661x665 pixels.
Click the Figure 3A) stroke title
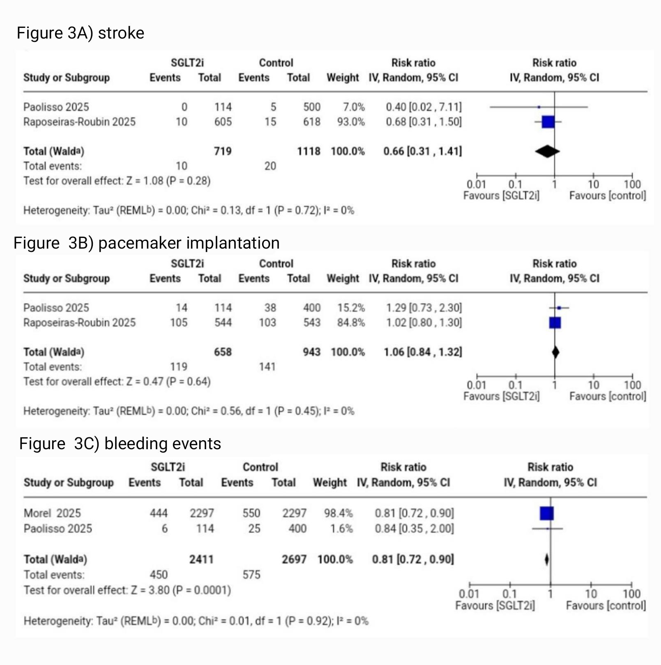pyautogui.click(x=81, y=33)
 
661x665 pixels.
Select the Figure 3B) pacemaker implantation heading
pyautogui.click(x=146, y=243)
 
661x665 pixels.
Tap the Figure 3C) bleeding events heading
pyautogui.click(x=120, y=444)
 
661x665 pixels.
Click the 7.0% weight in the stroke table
pyautogui.click(x=354, y=107)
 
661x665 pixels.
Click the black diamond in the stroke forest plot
pyautogui.click(x=547, y=151)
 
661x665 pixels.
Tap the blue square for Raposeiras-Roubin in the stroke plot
pyautogui.click(x=548, y=122)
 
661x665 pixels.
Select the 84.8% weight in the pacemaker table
pyautogui.click(x=351, y=323)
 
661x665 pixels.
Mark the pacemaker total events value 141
pyautogui.click(x=267, y=367)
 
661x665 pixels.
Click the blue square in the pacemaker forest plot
pyautogui.click(x=555, y=323)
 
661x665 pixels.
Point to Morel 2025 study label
pyautogui.click(x=52, y=513)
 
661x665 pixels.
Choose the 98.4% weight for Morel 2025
pyautogui.click(x=338, y=513)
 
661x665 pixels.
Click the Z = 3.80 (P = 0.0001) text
pyautogui.click(x=181, y=590)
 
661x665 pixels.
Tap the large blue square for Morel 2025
pyautogui.click(x=547, y=513)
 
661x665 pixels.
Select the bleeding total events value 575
pyautogui.click(x=251, y=575)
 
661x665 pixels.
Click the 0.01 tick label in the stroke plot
pyautogui.click(x=476, y=185)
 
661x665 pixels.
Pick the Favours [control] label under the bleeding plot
pyautogui.click(x=606, y=606)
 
